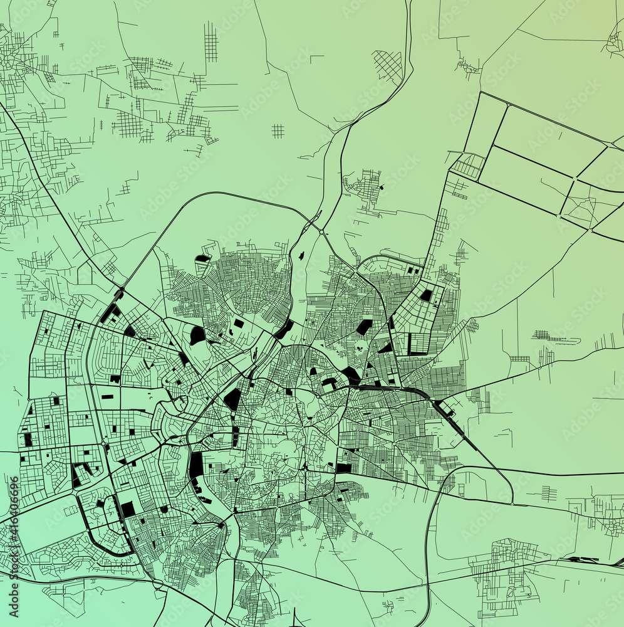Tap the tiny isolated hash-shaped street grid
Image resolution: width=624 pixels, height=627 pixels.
click(x=278, y=130)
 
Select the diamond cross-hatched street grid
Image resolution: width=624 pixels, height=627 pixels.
click(x=388, y=65)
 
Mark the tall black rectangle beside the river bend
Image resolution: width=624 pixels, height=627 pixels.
click(x=197, y=466)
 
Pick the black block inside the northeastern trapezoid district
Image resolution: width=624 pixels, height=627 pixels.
click(x=427, y=295)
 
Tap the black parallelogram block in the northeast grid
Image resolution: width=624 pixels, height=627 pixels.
click(x=363, y=327)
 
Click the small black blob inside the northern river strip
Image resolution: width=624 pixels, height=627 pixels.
click(x=302, y=255)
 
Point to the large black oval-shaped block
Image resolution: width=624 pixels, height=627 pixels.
click(x=197, y=335)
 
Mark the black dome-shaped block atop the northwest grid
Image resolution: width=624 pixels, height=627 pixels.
click(x=202, y=258)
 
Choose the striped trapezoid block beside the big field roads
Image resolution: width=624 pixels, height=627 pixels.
click(x=468, y=166)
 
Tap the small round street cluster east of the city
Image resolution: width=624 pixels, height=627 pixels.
click(x=472, y=325)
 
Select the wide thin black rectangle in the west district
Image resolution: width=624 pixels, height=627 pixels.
click(x=107, y=397)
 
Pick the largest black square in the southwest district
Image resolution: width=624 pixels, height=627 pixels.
click(x=128, y=509)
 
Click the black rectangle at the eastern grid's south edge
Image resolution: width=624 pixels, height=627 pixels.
click(x=344, y=468)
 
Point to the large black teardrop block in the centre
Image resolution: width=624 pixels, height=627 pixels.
click(x=232, y=399)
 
